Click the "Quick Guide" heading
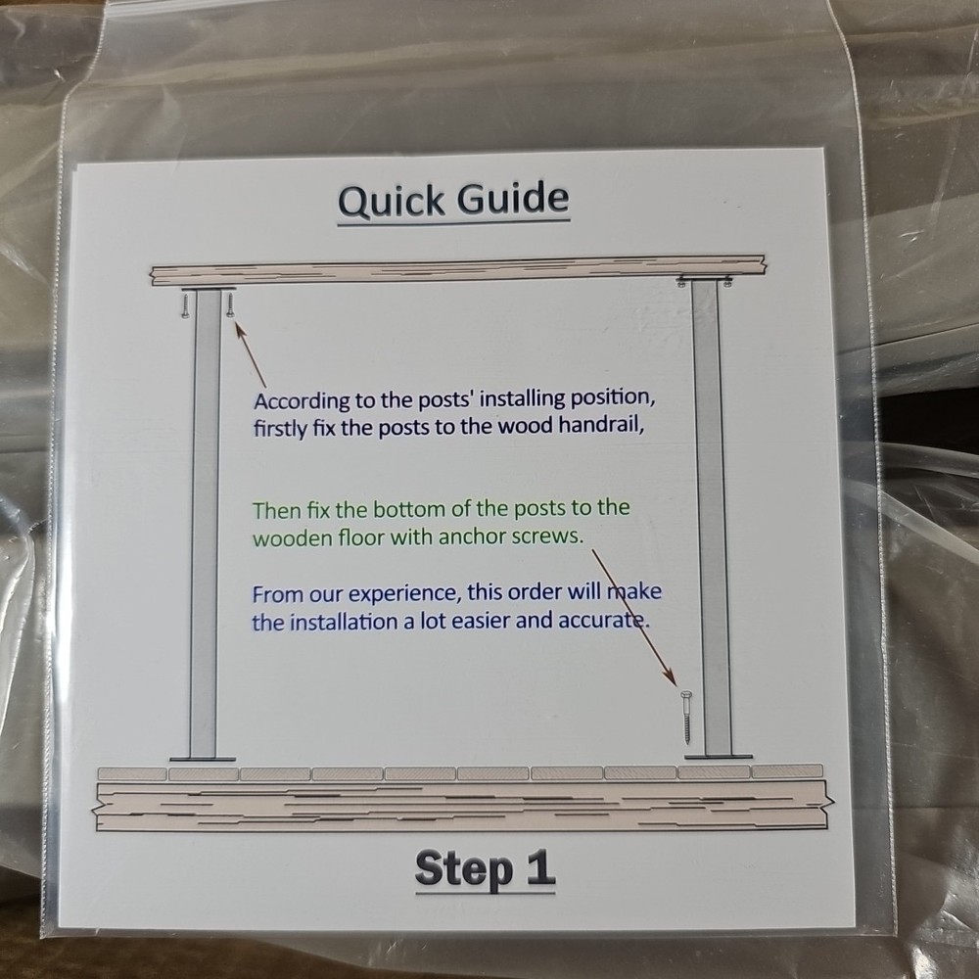[x=453, y=200]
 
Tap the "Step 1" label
[x=485, y=867]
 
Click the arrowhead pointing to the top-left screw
[x=238, y=325]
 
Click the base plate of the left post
[x=203, y=759]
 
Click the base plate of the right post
[x=718, y=756]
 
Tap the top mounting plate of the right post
[x=706, y=280]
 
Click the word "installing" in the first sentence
[x=489, y=400]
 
